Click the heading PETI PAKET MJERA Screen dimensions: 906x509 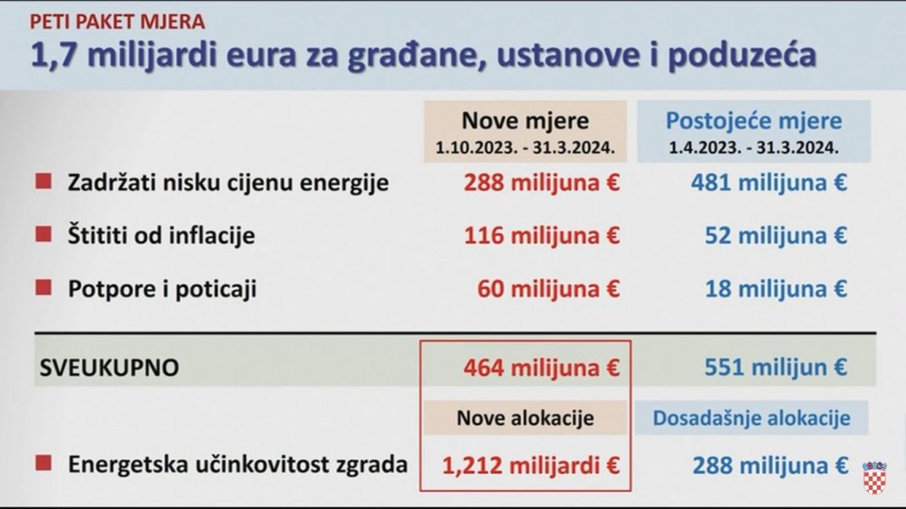[117, 22]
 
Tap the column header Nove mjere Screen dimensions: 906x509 [525, 120]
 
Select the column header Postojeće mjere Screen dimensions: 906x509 [754, 120]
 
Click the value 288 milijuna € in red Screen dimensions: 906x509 [542, 183]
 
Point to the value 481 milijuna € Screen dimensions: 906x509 [769, 183]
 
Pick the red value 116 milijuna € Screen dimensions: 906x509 [542, 235]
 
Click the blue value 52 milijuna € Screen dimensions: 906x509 [776, 235]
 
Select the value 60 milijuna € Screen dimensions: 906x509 [548, 289]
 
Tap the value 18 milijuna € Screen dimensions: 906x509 [776, 289]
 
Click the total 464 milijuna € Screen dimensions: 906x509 [542, 368]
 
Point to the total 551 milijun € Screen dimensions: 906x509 [776, 368]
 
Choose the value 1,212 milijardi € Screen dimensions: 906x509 [531, 466]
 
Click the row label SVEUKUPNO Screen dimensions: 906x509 [110, 368]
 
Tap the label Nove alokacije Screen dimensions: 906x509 [525, 418]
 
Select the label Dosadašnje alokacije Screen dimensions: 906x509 [751, 418]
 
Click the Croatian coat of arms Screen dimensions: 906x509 [874, 477]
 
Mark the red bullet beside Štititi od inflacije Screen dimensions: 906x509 [43, 234]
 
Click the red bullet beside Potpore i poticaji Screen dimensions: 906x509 [43, 287]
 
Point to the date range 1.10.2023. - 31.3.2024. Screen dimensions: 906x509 [525, 148]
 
